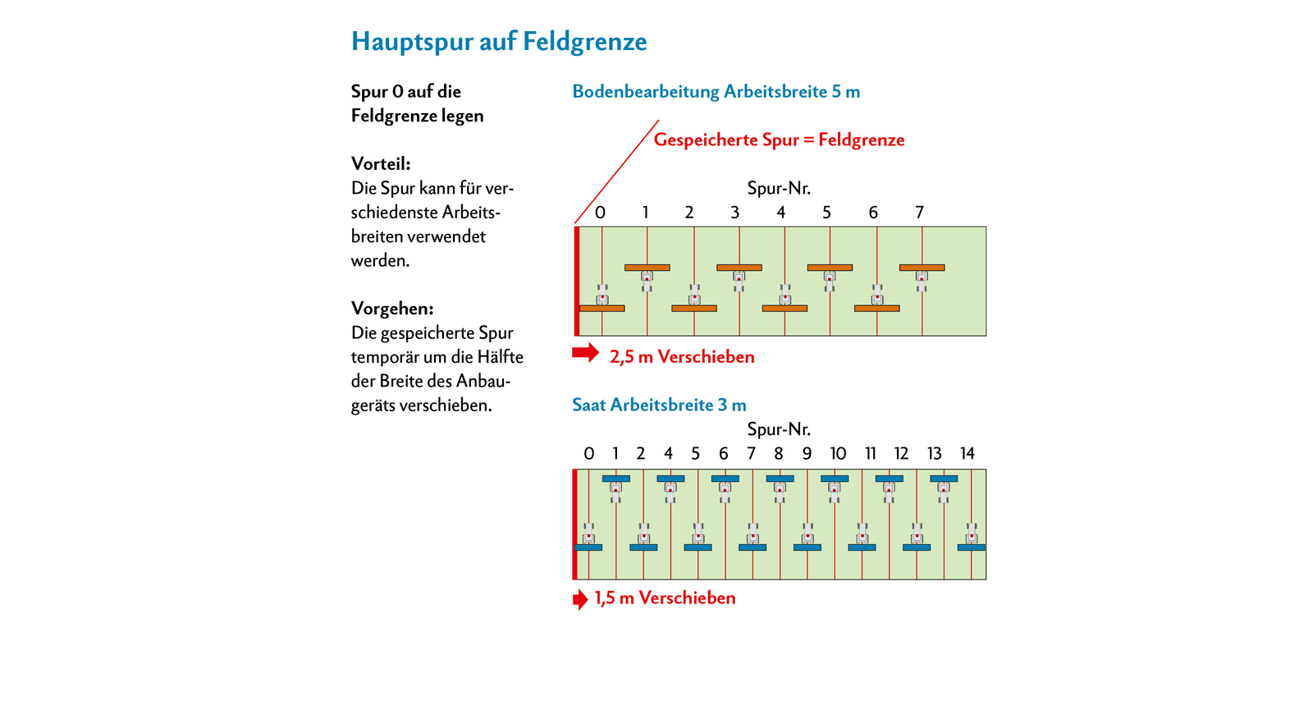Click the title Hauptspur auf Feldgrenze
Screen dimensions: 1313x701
tap(499, 42)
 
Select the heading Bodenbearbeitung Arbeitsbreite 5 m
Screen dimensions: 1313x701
tap(716, 92)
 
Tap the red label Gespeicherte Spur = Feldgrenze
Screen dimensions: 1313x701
tap(779, 140)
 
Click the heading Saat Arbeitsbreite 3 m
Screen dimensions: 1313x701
tap(659, 405)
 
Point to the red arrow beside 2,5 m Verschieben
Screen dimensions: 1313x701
tap(586, 353)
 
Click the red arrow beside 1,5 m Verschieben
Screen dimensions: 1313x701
tap(579, 599)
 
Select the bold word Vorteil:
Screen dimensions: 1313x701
tap(381, 163)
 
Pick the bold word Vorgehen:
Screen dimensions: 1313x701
tap(392, 309)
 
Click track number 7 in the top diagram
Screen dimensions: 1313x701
tap(919, 212)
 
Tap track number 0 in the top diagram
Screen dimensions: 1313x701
tap(600, 212)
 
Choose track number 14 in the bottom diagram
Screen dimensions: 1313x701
tap(968, 454)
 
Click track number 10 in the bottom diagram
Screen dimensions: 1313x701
tap(838, 454)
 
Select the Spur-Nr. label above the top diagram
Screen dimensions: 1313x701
tap(779, 189)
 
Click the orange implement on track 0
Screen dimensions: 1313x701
tap(602, 309)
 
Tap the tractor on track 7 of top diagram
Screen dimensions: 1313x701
tap(922, 281)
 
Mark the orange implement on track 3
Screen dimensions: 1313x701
tap(739, 268)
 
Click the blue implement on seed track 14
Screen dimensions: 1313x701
tap(972, 548)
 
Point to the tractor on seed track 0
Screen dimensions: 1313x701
tap(588, 534)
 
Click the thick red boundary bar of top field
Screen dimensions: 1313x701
tap(577, 282)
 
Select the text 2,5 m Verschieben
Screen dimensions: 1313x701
tap(682, 357)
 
